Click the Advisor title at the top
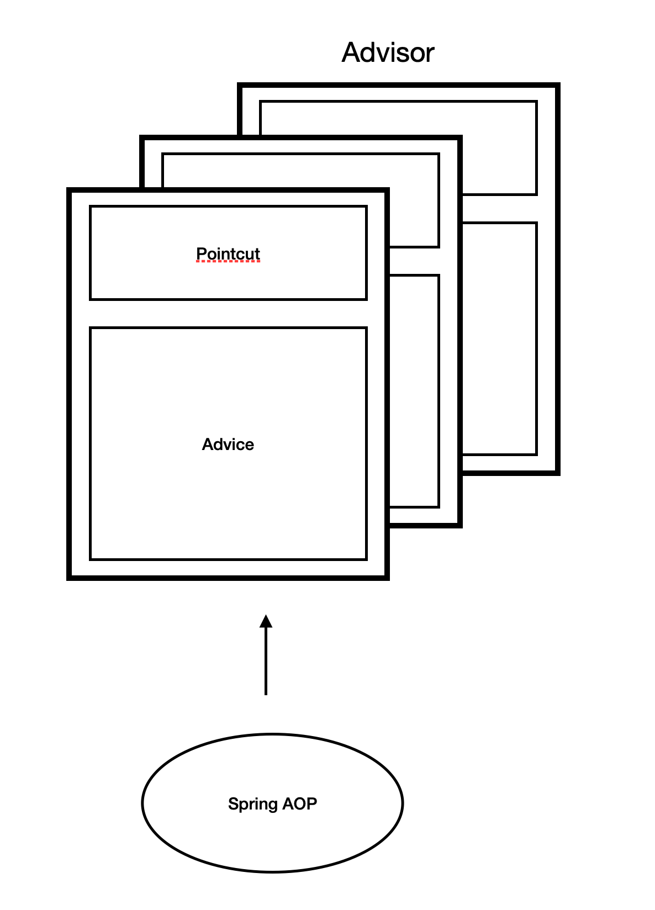tap(388, 53)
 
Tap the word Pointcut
tap(228, 253)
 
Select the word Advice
tap(228, 445)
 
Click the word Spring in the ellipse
tap(252, 804)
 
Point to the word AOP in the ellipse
tap(300, 803)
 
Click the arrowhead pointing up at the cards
tap(266, 621)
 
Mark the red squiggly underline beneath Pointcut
tap(228, 262)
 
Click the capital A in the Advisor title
tap(351, 53)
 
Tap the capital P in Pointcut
tap(201, 253)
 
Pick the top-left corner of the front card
tap(68, 190)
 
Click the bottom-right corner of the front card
tap(388, 578)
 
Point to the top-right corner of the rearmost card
tap(558, 85)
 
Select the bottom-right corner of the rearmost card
tap(558, 473)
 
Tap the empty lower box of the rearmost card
tap(499, 338)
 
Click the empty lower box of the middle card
tap(414, 391)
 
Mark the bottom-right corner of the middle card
tap(460, 526)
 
